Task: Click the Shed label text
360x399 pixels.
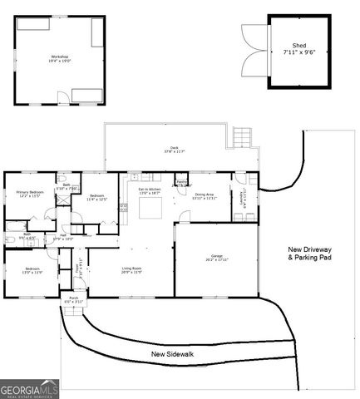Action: (298, 48)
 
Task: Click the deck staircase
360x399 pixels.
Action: (241, 136)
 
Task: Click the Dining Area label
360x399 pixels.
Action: (205, 196)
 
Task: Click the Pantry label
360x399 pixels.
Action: (181, 184)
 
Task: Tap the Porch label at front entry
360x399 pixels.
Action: (73, 298)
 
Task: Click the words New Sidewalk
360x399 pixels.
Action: (173, 354)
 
